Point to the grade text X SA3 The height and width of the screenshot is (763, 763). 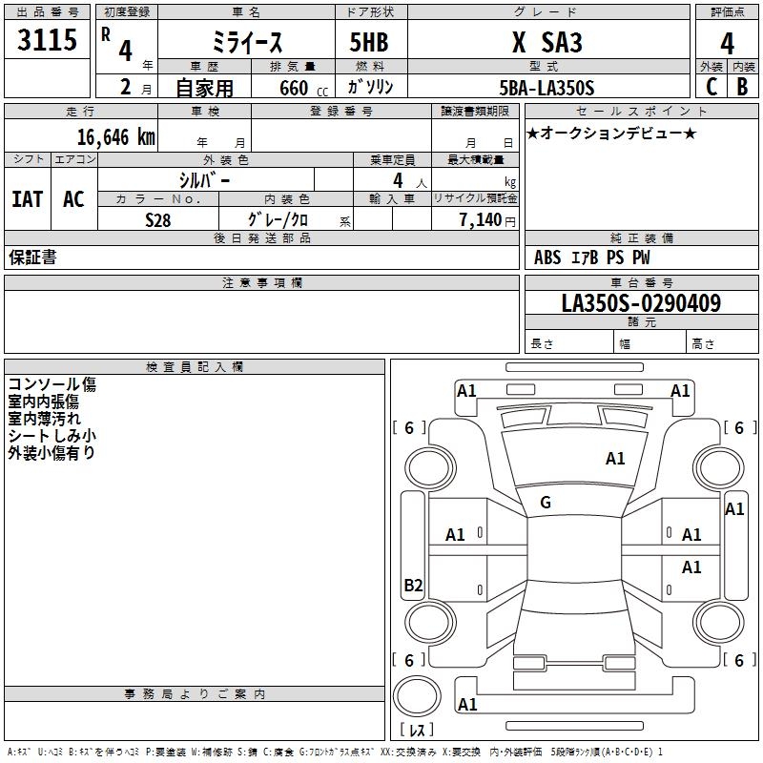click(x=546, y=43)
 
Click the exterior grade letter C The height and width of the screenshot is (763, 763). click(x=711, y=87)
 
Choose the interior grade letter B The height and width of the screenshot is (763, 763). click(x=742, y=87)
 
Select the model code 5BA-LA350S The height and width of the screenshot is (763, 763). click(x=546, y=88)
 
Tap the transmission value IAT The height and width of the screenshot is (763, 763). click(x=27, y=199)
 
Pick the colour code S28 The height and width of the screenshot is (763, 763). click(x=157, y=219)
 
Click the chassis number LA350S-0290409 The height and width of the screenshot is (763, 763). click(x=641, y=304)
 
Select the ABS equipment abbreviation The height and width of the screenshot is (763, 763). click(x=547, y=258)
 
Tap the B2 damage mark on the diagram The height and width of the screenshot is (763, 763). click(x=413, y=586)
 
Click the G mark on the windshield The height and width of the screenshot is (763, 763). click(x=546, y=502)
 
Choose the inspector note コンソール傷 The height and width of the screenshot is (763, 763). click(x=52, y=385)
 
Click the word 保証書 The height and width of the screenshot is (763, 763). click(x=32, y=258)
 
